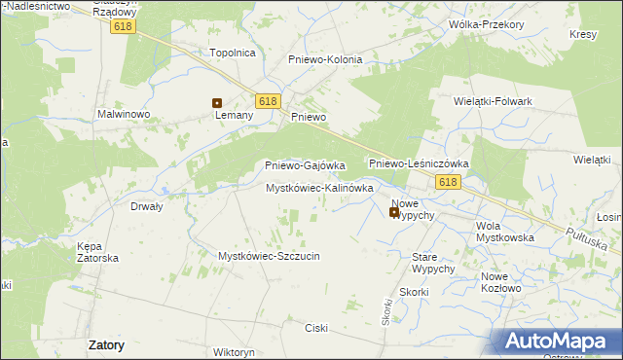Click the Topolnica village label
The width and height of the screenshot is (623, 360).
tap(233, 53)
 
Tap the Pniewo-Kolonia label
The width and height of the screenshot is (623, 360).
tap(325, 59)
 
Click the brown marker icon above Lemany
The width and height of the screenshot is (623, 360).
tap(217, 102)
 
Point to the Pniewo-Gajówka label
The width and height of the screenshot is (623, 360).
tap(306, 165)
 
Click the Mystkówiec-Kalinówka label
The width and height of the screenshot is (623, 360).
tap(320, 188)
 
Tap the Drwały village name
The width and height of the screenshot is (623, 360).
tap(146, 206)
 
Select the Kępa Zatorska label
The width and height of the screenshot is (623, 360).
tap(97, 252)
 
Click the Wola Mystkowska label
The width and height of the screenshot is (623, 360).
tap(504, 232)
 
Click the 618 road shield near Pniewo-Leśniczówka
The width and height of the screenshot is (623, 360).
tap(448, 182)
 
